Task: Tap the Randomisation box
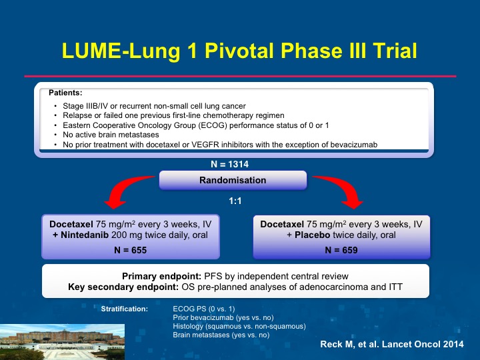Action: (233, 180)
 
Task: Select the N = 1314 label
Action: (229, 165)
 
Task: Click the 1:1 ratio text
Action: (235, 201)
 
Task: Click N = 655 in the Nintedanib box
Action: (131, 250)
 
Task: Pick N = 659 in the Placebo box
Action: (341, 250)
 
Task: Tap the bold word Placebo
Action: (312, 235)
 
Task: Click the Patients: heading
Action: (65, 93)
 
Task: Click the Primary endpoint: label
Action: (161, 276)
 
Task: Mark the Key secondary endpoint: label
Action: (123, 287)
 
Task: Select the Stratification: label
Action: (125, 309)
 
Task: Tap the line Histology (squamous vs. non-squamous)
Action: (239, 326)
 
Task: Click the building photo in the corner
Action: (62, 342)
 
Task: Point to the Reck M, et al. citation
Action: (392, 344)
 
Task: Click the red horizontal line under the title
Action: (240, 76)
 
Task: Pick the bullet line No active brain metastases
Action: (111, 135)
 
